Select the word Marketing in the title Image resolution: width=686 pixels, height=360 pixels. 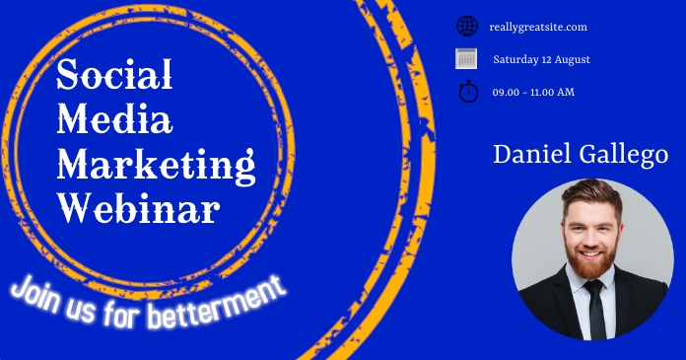pos(156,164)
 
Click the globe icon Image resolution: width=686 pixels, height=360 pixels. pos(467,27)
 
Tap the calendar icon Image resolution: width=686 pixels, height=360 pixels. pos(467,59)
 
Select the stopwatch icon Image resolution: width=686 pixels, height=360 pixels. pos(467,92)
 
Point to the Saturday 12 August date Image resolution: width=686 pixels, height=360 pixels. pos(541,59)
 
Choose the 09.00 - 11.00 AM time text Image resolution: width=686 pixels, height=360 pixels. pos(533,92)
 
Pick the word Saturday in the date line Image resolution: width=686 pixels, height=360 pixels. pos(515,59)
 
